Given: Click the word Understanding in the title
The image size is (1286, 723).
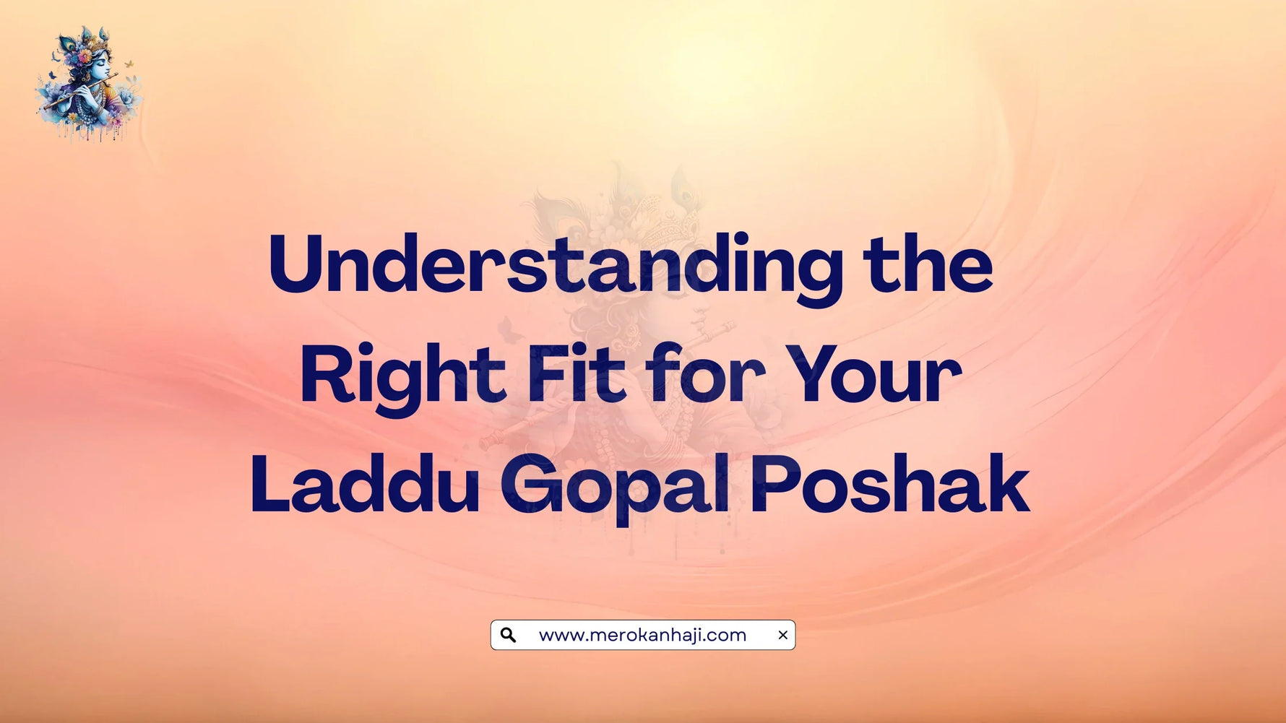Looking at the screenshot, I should pos(555,266).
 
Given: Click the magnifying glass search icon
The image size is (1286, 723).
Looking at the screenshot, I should pos(508,635).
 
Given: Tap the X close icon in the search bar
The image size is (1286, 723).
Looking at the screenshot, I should pos(782,635).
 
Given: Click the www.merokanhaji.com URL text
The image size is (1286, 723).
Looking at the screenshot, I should pos(642,635).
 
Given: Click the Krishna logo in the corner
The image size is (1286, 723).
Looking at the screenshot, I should pos(88,83).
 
